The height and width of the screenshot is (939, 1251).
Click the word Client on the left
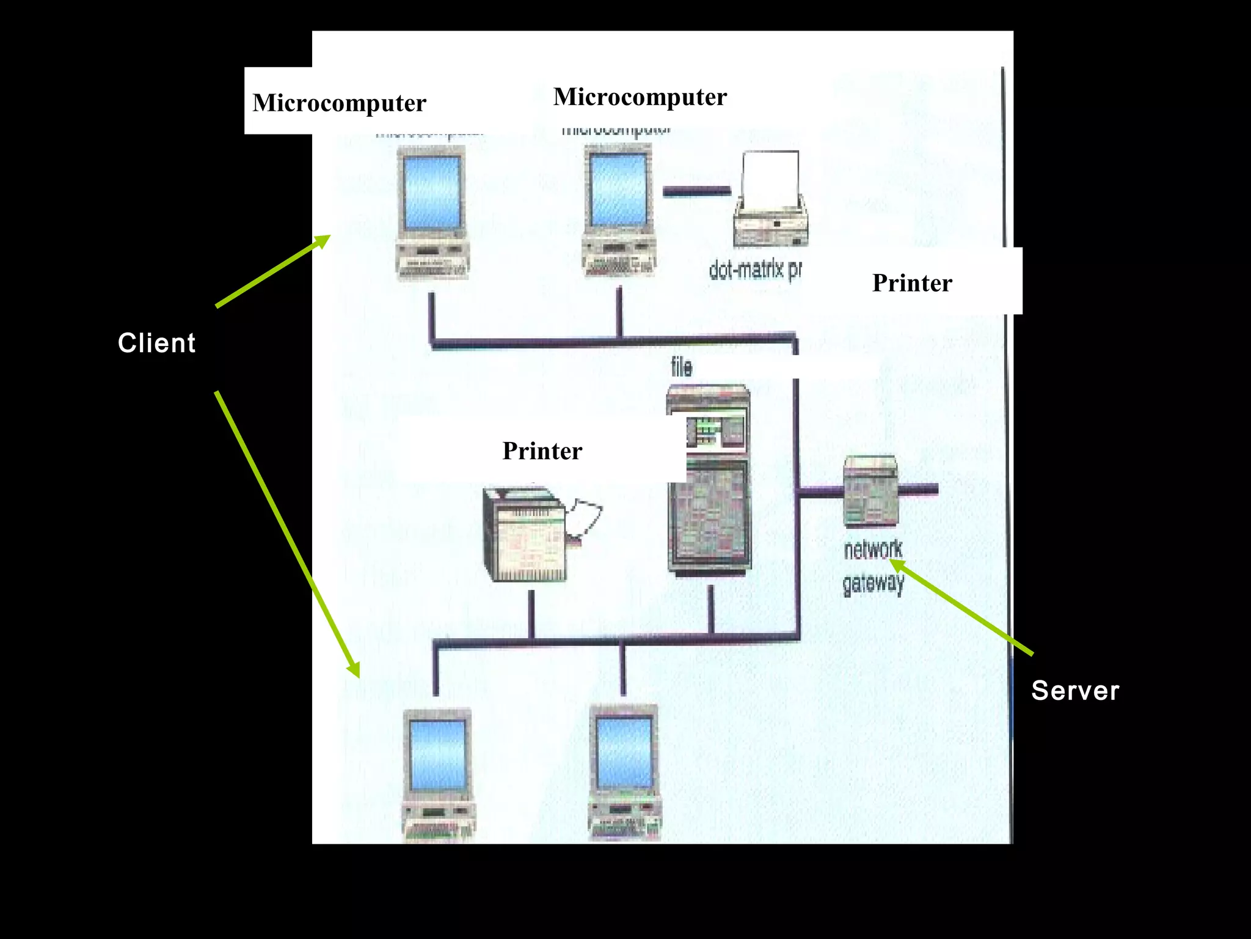tap(157, 343)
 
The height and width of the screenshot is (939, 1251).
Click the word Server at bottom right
tap(1074, 691)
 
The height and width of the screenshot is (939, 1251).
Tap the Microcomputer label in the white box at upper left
tap(339, 103)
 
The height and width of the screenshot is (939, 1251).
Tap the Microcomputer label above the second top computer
tap(640, 97)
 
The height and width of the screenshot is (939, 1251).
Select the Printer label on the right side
tap(911, 283)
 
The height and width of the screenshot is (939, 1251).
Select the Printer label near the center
tap(542, 451)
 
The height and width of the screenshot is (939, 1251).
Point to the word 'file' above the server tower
tap(681, 367)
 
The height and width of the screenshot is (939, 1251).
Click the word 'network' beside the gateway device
tap(872, 550)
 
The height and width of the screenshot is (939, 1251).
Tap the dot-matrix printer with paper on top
tap(770, 202)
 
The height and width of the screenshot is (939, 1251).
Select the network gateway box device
tap(870, 491)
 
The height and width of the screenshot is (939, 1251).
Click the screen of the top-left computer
tap(432, 191)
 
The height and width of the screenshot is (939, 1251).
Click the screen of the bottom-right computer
tap(624, 752)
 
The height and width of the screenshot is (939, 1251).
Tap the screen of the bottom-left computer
tap(437, 755)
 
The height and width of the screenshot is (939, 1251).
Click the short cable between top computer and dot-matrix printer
tap(696, 191)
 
